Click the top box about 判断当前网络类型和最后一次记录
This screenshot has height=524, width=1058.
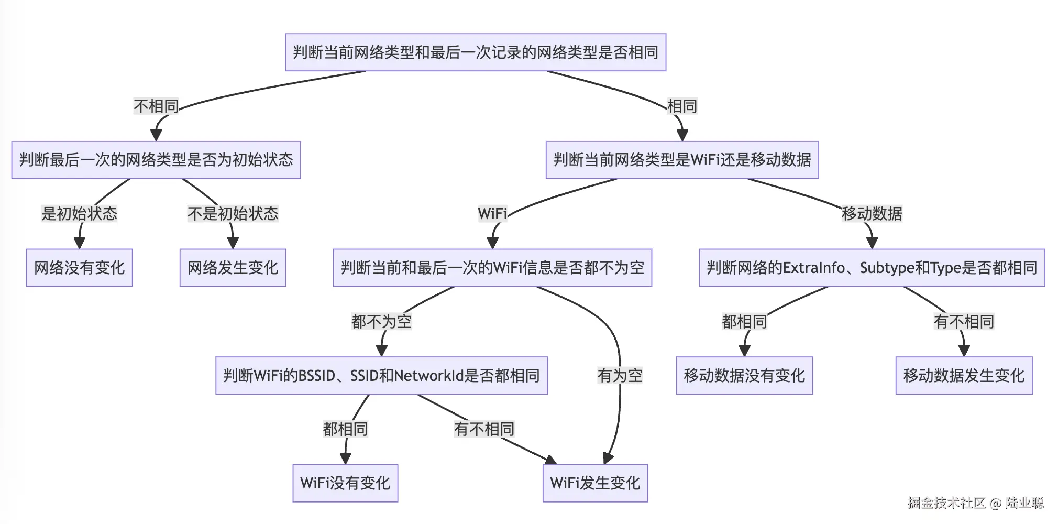[475, 52]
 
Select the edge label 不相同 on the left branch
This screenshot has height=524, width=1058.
[156, 106]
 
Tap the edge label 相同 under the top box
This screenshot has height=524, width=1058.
[681, 106]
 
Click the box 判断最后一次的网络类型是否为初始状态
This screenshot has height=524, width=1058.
[156, 160]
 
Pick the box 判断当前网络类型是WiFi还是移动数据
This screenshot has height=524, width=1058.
[682, 160]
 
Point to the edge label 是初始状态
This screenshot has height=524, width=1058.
[79, 214]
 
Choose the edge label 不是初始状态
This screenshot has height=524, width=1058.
[233, 214]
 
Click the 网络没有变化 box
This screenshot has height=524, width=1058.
[79, 268]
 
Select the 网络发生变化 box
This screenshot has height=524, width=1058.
[233, 268]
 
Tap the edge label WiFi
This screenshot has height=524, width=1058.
[492, 214]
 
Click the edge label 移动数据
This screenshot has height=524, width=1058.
[872, 214]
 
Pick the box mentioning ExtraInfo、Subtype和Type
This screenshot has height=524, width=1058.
[872, 268]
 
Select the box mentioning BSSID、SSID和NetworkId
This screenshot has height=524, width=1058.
[381, 376]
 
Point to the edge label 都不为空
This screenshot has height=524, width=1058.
[381, 322]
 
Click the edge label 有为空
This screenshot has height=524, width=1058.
[620, 376]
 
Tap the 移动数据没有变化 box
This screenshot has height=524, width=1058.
[744, 376]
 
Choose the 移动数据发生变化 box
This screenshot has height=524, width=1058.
[964, 376]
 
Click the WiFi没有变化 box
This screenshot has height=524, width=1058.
[345, 483]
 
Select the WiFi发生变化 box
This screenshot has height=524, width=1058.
[595, 483]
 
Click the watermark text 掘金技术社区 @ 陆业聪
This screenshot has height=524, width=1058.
[975, 503]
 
